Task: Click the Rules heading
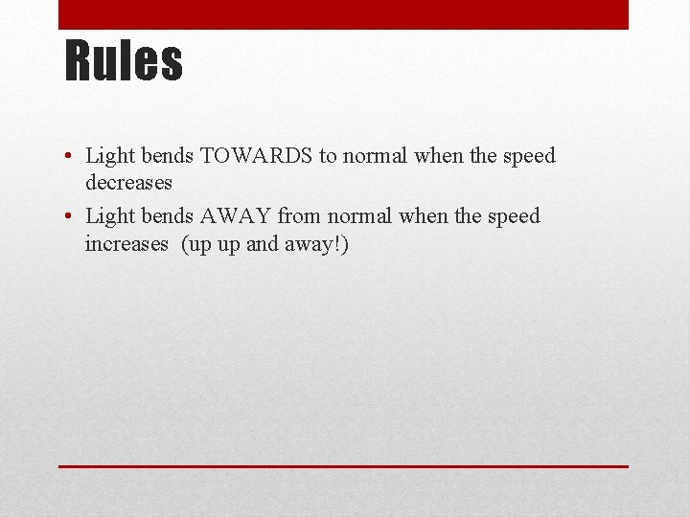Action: [123, 60]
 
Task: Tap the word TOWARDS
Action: [256, 156]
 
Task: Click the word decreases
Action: [128, 181]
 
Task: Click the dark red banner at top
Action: [343, 14]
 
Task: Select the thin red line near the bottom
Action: [343, 466]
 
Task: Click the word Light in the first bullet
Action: [108, 156]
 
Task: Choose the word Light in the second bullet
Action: [108, 216]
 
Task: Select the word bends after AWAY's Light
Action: [165, 216]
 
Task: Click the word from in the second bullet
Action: [298, 216]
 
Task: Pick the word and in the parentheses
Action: [262, 243]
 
